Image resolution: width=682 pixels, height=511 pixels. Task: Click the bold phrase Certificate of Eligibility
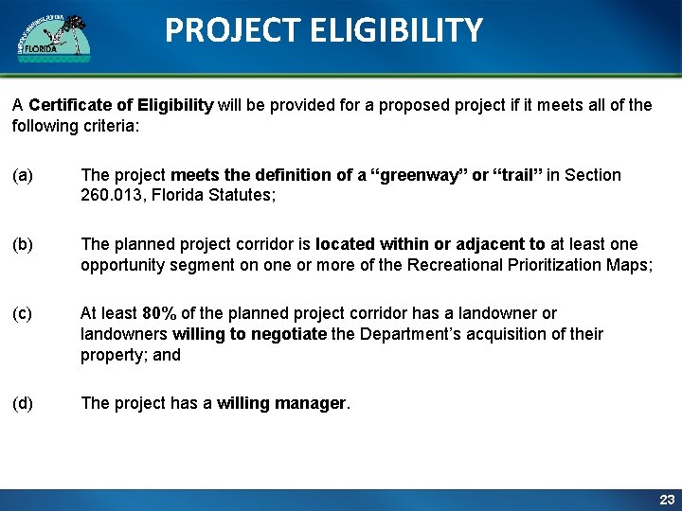[x=121, y=105]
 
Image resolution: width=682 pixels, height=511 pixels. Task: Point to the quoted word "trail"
[x=516, y=175]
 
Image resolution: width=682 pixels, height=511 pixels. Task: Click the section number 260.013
[x=109, y=196]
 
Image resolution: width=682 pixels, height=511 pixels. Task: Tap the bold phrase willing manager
[x=281, y=403]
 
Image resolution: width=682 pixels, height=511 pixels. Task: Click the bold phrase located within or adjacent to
[x=430, y=244]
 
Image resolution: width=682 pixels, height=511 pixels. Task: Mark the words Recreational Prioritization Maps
[x=528, y=265]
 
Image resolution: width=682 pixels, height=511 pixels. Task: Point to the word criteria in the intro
[x=107, y=126]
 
